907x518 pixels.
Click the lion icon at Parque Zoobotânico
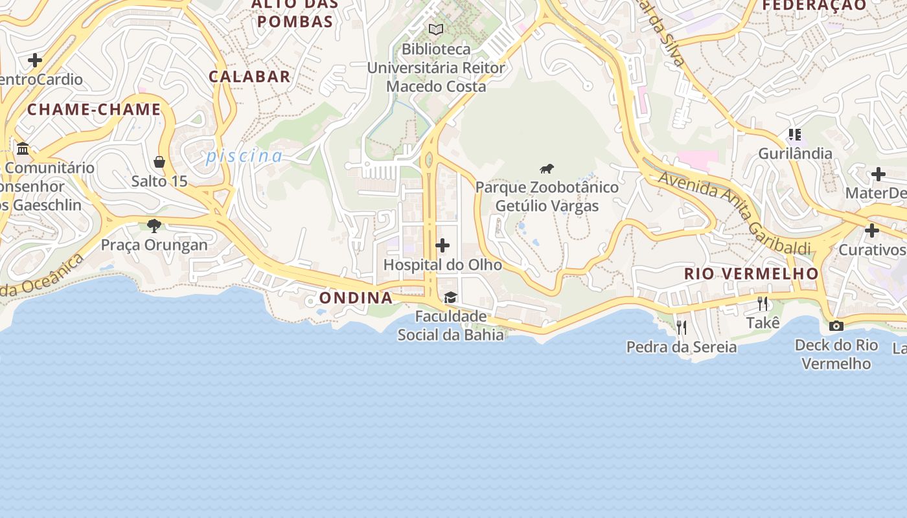pyautogui.click(x=547, y=169)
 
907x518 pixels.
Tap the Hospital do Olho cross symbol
pyautogui.click(x=442, y=245)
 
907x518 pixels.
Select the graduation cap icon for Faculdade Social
pyautogui.click(x=450, y=297)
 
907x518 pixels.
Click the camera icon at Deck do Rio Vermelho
pyautogui.click(x=836, y=326)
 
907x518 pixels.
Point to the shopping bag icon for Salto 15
pyautogui.click(x=159, y=161)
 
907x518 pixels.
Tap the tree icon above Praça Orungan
pyautogui.click(x=154, y=225)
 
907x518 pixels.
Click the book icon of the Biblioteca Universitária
pyautogui.click(x=436, y=29)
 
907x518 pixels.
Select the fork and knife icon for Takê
pyautogui.click(x=763, y=303)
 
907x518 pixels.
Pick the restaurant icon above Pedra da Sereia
pyautogui.click(x=681, y=328)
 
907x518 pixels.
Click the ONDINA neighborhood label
pyautogui.click(x=356, y=298)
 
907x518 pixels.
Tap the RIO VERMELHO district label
pyautogui.click(x=752, y=274)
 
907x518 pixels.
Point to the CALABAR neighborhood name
pyautogui.click(x=249, y=76)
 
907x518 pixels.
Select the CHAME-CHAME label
pyautogui.click(x=94, y=109)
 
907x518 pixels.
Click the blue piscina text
pyautogui.click(x=244, y=156)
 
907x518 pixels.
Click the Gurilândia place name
pyautogui.click(x=795, y=153)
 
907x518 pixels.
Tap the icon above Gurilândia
pyautogui.click(x=795, y=135)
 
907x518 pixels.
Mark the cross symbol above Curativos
pyautogui.click(x=871, y=231)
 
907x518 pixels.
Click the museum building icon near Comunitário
pyautogui.click(x=23, y=149)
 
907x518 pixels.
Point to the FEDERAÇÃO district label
pyautogui.click(x=814, y=5)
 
